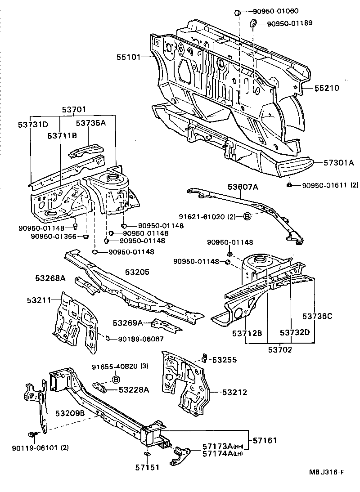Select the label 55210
[x=326, y=88]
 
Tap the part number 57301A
[x=338, y=163]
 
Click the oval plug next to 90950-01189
[x=253, y=23]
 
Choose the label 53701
[x=74, y=109]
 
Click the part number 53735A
[x=90, y=123]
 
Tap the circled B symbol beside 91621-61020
[x=247, y=217]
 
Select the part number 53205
[x=137, y=272]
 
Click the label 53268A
[x=50, y=279]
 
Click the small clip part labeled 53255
[x=204, y=358]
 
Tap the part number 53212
[x=234, y=392]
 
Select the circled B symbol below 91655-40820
[x=115, y=380]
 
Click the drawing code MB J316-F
[x=326, y=472]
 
